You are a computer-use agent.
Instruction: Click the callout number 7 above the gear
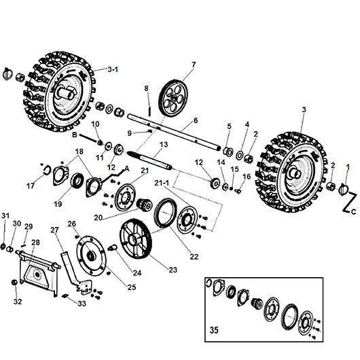click(x=193, y=65)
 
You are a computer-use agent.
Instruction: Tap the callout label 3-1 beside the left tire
click(x=117, y=69)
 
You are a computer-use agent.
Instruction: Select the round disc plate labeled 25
click(x=90, y=254)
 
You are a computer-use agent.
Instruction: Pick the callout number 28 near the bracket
click(x=35, y=242)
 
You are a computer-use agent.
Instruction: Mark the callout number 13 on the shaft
click(x=163, y=145)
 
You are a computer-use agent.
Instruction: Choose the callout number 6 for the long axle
click(x=195, y=120)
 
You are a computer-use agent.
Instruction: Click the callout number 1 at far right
click(x=348, y=166)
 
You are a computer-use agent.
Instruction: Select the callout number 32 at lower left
click(x=18, y=301)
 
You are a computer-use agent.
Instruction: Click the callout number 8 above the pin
click(x=145, y=88)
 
